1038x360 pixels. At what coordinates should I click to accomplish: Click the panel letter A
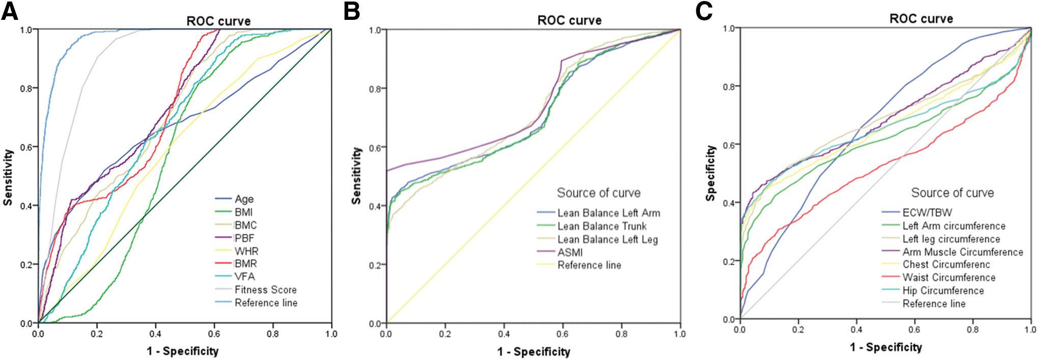(10, 11)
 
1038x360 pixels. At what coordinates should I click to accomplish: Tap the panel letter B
(352, 11)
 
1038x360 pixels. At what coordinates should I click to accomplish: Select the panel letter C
(704, 11)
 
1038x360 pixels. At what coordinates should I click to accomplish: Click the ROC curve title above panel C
(921, 19)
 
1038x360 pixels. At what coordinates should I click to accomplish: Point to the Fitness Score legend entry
(256, 290)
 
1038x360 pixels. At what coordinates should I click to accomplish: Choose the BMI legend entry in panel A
(234, 212)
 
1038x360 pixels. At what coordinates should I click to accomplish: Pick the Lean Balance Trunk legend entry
(592, 226)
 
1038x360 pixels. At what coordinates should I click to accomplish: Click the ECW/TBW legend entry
(917, 212)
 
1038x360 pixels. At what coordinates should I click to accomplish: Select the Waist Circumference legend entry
(939, 278)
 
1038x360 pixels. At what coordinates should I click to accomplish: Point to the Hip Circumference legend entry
(933, 291)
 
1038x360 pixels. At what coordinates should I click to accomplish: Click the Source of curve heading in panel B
(599, 193)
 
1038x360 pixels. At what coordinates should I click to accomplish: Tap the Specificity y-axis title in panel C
(711, 173)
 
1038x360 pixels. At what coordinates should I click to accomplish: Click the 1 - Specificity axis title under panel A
(183, 351)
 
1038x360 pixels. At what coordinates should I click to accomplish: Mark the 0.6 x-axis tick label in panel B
(563, 334)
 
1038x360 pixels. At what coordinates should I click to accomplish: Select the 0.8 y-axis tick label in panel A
(26, 89)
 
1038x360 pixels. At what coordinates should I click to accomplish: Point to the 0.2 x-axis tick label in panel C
(798, 329)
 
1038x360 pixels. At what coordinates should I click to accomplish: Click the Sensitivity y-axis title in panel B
(356, 176)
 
